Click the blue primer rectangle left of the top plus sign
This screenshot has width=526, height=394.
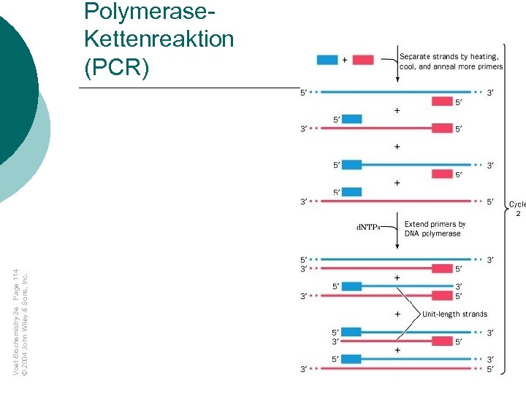pyautogui.click(x=327, y=59)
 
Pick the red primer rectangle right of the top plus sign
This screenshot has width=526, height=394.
pyautogui.click(x=363, y=59)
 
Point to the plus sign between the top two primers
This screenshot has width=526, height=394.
pyautogui.click(x=345, y=59)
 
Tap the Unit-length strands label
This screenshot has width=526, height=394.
pyautogui.click(x=454, y=314)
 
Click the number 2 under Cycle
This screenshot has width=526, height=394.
pyautogui.click(x=518, y=215)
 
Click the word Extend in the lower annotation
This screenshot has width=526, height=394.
pyautogui.click(x=416, y=224)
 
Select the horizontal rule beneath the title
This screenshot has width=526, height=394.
pyautogui.click(x=190, y=88)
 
